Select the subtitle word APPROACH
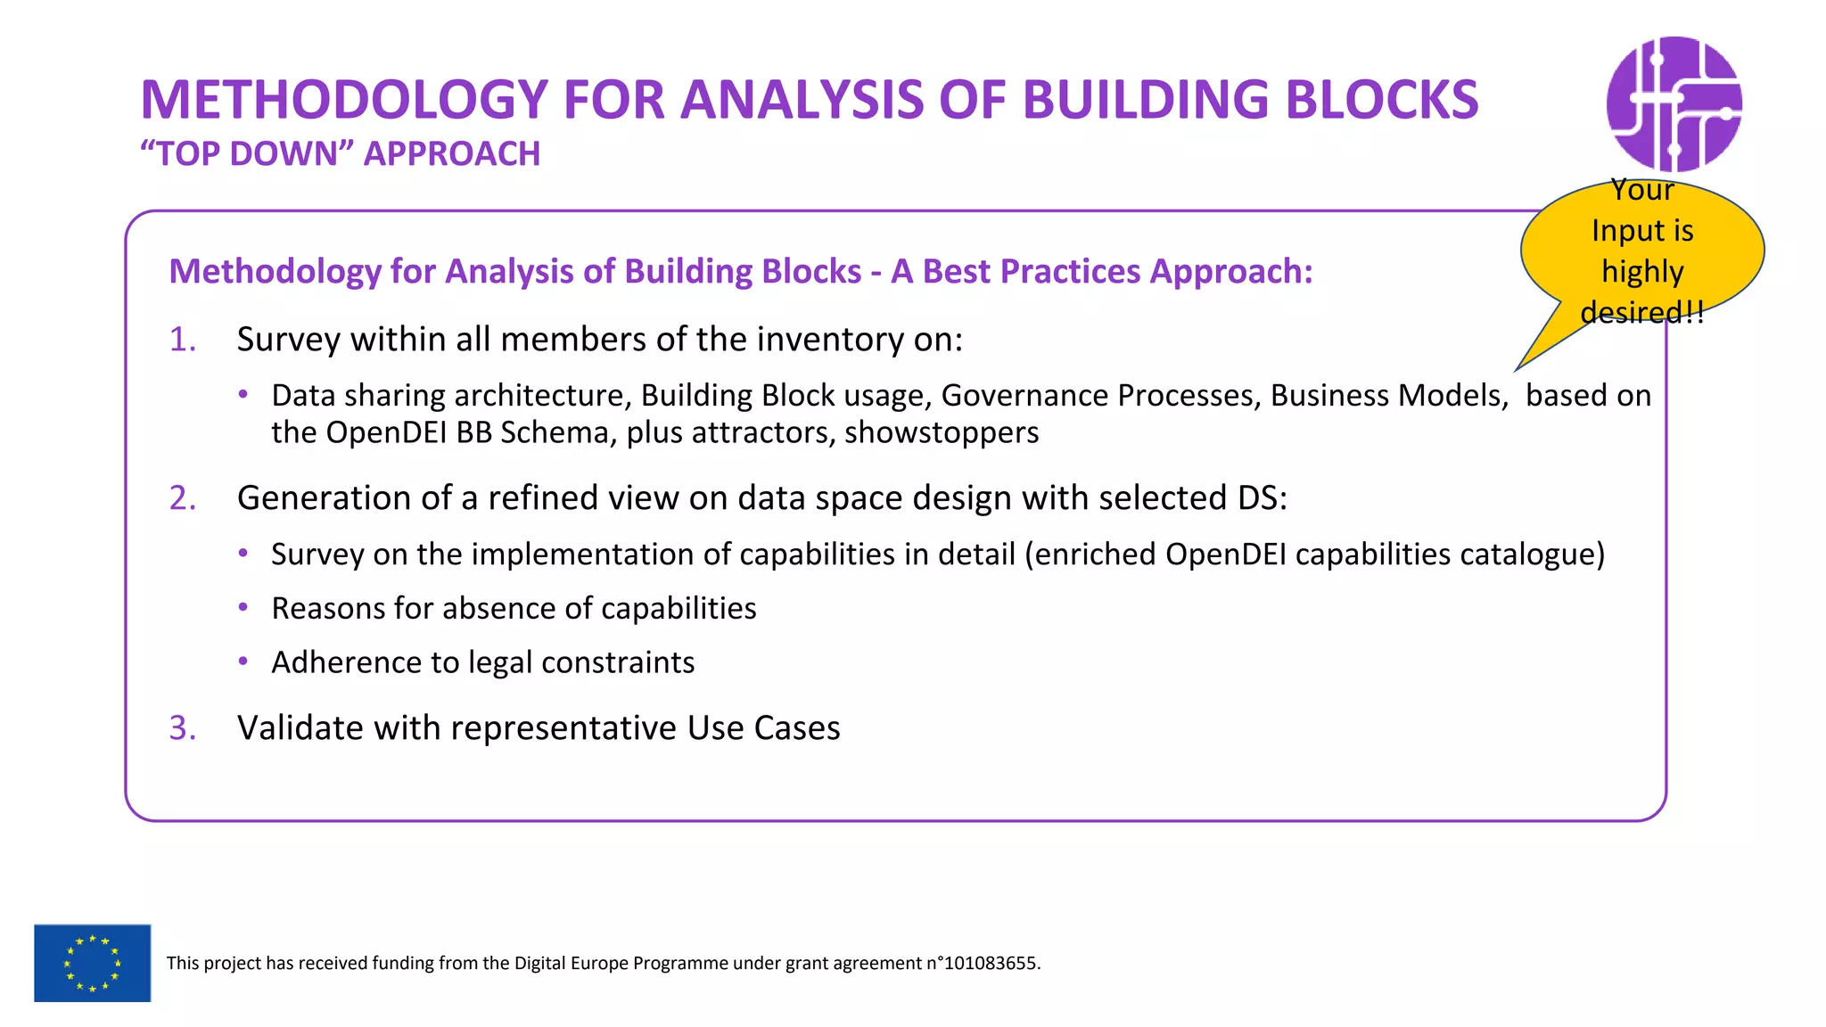click(x=451, y=154)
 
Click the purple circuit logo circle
click(x=1674, y=104)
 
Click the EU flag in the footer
click(x=92, y=963)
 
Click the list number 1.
click(x=182, y=340)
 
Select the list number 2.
click(x=182, y=498)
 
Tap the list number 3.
click(x=182, y=728)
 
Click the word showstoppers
click(x=941, y=433)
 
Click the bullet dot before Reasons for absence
click(x=243, y=608)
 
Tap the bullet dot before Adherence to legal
click(x=243, y=662)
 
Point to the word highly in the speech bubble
click(x=1641, y=272)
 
